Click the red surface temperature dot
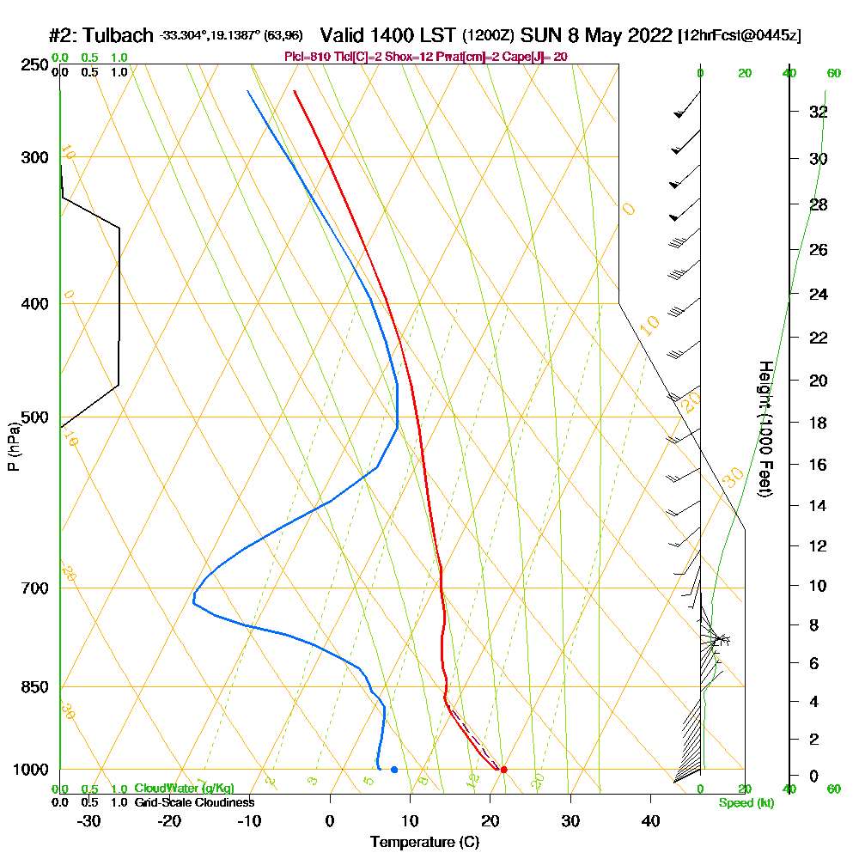[503, 769]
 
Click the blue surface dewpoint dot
[394, 769]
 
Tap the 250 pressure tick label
[34, 65]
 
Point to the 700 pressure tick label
[34, 588]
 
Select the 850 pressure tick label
[34, 687]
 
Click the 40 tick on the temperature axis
[650, 820]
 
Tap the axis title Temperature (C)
[424, 842]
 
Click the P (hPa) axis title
[13, 447]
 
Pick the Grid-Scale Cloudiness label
[193, 802]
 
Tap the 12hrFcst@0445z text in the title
[740, 36]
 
